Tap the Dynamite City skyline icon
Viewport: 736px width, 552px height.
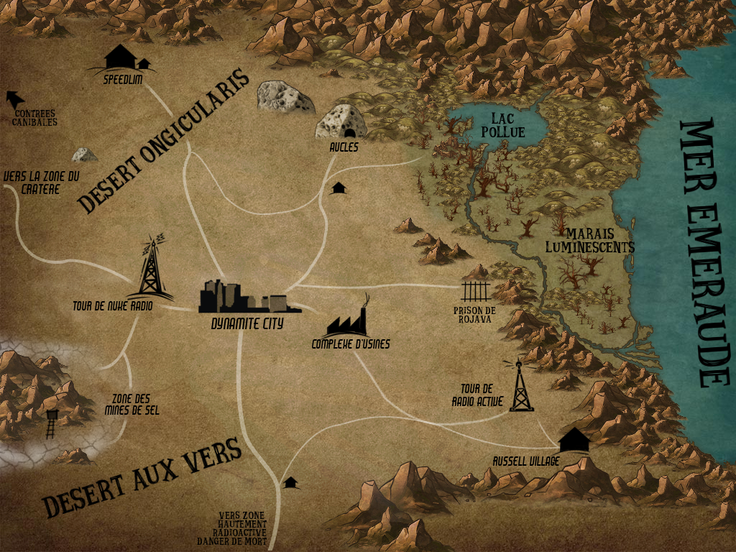(x=243, y=296)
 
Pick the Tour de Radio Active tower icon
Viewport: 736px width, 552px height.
(x=520, y=387)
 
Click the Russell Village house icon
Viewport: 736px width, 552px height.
(x=573, y=439)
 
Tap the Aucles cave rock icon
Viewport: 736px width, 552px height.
(x=341, y=121)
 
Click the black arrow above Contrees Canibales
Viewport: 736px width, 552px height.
(x=13, y=98)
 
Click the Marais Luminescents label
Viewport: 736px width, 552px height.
(x=599, y=240)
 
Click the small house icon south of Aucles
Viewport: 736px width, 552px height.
(x=339, y=188)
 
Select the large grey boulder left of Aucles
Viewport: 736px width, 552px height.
(x=284, y=96)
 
